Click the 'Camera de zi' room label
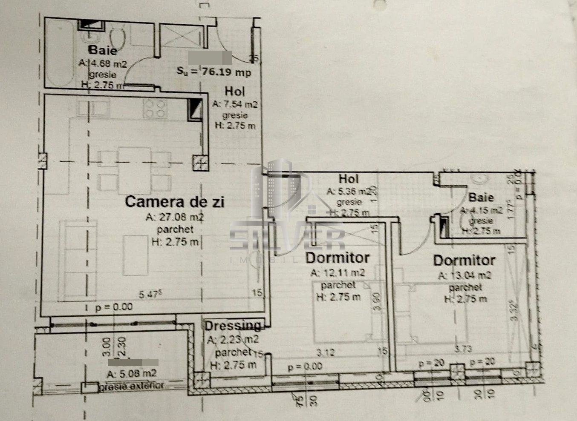tap(175, 201)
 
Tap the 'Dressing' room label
tap(233, 326)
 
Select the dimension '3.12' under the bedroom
tap(326, 352)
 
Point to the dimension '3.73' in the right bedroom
tap(464, 349)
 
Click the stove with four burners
tap(155, 108)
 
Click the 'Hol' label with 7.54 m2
tap(235, 91)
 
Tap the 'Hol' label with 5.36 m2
tap(349, 179)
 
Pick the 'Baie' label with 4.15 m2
tap(481, 197)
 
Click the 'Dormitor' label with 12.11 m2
tap(337, 258)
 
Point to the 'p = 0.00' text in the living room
tap(114, 306)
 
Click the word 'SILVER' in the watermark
tap(287, 241)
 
